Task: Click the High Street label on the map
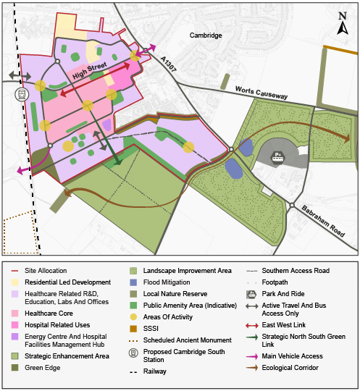point(89,71)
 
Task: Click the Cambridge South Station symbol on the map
point(22,94)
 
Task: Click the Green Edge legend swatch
point(13,367)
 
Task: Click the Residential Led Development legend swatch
point(13,282)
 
